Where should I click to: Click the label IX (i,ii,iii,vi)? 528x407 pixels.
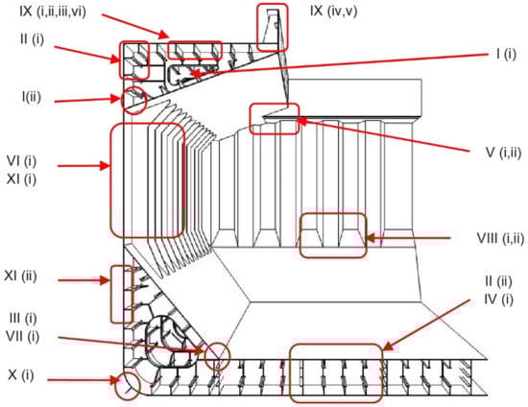click(x=53, y=12)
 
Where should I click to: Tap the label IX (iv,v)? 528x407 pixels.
click(x=334, y=11)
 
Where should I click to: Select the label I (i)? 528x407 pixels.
click(x=506, y=54)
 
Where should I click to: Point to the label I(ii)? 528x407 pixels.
click(x=32, y=97)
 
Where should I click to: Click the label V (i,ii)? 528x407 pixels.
click(x=503, y=153)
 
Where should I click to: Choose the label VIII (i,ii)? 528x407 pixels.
click(x=500, y=238)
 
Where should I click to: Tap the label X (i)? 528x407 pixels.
click(x=21, y=374)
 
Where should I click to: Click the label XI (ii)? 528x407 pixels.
click(x=20, y=276)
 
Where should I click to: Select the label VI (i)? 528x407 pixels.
click(x=21, y=161)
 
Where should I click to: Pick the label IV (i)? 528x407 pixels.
click(x=498, y=299)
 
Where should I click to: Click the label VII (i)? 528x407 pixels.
click(x=22, y=336)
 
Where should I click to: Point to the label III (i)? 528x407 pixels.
click(x=23, y=318)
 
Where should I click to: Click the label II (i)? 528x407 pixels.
click(x=32, y=39)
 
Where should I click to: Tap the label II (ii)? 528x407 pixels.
click(x=498, y=281)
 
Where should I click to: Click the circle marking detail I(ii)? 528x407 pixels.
click(x=134, y=86)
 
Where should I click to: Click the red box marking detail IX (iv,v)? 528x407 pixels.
click(x=257, y=27)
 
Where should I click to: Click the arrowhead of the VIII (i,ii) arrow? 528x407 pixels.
click(x=366, y=238)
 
